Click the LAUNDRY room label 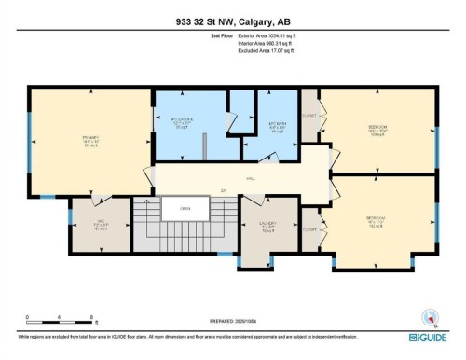[x=267, y=225]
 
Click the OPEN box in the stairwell [x=185, y=209]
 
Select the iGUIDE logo [x=430, y=335]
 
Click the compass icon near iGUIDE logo [x=430, y=316]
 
